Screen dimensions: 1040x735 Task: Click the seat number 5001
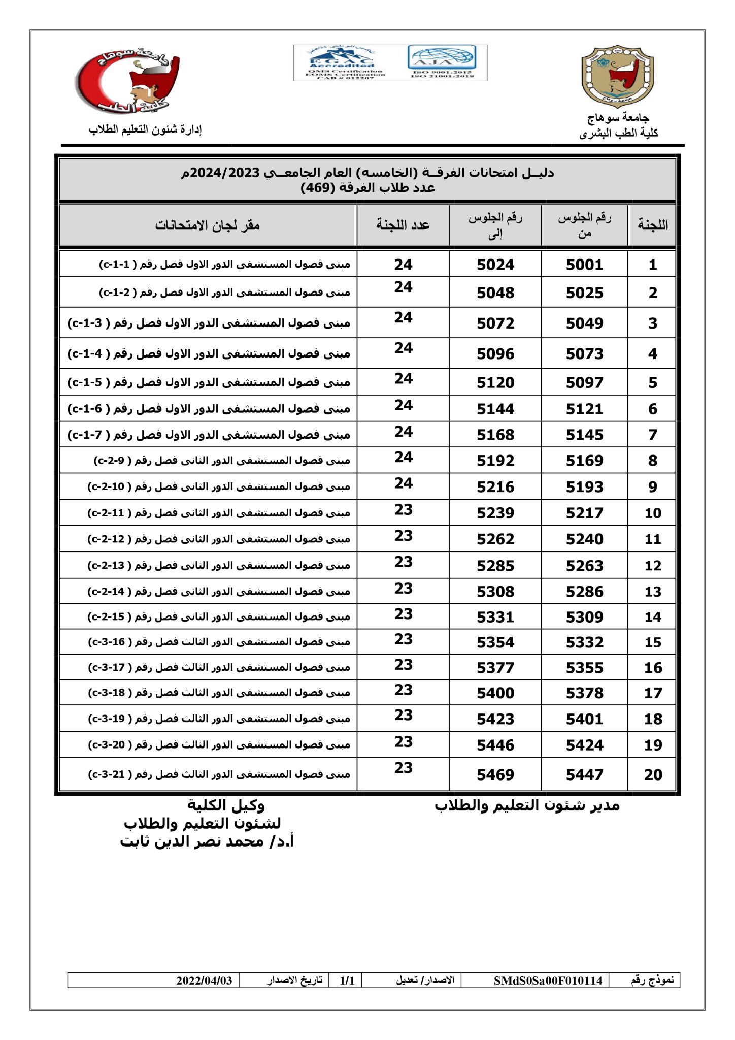584,265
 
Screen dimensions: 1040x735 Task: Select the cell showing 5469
495,775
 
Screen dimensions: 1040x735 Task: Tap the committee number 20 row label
653,775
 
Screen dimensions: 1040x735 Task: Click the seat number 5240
584,539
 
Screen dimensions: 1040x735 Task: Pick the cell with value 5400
495,693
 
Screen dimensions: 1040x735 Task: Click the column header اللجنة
653,225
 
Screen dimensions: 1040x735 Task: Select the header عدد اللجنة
403,225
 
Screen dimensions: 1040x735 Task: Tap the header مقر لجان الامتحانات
207,225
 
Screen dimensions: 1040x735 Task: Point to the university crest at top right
617,77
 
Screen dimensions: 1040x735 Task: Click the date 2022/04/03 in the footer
204,981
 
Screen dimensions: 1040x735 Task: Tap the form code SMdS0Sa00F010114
548,981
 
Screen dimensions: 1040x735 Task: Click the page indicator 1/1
347,981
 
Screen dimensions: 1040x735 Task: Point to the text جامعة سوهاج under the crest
618,118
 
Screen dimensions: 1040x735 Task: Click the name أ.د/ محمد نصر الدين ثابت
207,842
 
